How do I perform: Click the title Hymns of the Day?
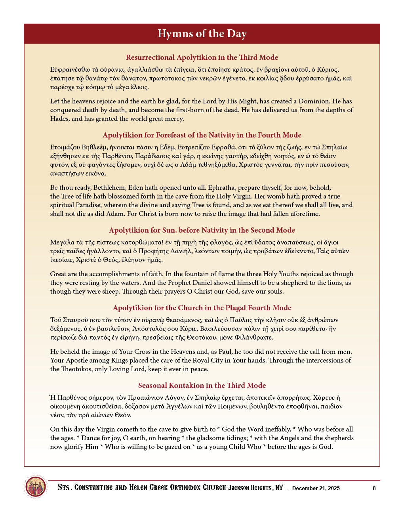coord(202,34)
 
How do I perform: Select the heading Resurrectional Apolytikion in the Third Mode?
coord(202,57)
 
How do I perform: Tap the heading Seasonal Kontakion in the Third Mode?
coord(202,386)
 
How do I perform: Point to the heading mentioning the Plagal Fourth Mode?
coord(202,308)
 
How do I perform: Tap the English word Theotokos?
coord(77,369)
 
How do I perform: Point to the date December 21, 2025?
coord(316,488)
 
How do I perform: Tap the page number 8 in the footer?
coord(374,488)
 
